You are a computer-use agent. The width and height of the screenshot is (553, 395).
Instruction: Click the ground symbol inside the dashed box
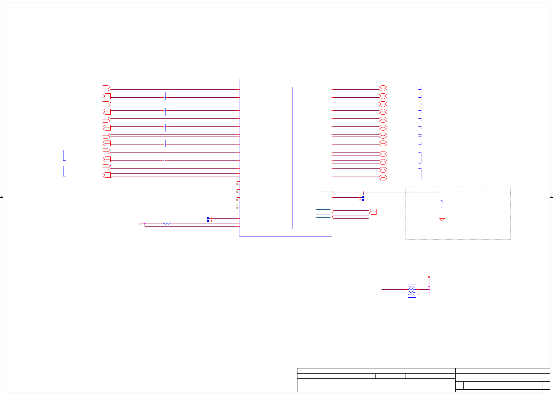(x=442, y=220)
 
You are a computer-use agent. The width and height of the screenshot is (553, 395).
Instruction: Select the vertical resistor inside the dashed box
(x=442, y=204)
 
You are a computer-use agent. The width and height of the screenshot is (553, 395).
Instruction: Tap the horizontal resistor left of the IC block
(x=167, y=224)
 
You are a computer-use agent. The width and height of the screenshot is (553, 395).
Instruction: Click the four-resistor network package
(x=412, y=291)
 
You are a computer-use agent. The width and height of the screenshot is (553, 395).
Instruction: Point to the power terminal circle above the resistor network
(x=429, y=277)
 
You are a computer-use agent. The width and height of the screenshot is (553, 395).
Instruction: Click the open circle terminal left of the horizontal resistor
(x=140, y=224)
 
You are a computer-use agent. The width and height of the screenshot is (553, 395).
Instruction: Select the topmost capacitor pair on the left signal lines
(x=165, y=96)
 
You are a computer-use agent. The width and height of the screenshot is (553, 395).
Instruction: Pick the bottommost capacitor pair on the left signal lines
(x=165, y=159)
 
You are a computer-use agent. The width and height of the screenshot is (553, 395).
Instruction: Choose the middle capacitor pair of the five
(x=165, y=128)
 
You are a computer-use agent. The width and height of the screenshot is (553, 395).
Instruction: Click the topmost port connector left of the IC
(x=106, y=88)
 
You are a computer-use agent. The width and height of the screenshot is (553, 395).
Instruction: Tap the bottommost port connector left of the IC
(x=106, y=175)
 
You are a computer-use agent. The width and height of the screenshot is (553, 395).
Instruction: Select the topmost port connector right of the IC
(x=383, y=88)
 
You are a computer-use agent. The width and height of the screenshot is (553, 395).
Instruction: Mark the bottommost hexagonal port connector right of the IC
(x=383, y=177)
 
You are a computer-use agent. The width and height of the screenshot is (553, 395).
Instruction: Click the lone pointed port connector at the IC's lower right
(x=373, y=212)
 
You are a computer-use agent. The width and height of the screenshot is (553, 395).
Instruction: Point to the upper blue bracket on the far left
(x=64, y=155)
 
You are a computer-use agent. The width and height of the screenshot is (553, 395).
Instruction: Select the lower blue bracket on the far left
(x=64, y=171)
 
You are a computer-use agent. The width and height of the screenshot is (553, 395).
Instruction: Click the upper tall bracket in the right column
(x=420, y=158)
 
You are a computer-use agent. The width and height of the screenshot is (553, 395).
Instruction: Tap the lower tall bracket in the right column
(x=420, y=173)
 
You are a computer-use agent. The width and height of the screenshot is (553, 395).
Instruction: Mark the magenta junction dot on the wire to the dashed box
(x=363, y=192)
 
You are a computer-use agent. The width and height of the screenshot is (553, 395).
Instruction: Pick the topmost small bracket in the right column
(x=420, y=88)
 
